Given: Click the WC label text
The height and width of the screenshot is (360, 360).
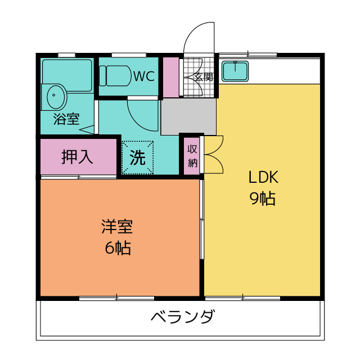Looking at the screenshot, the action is [x=144, y=76].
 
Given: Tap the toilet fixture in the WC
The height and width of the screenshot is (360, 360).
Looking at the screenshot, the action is [x=115, y=76].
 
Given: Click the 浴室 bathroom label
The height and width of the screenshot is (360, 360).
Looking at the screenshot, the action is [x=66, y=119].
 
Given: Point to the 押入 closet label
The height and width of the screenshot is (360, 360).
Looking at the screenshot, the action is [x=78, y=157].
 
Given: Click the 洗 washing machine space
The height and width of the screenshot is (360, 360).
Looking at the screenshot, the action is [x=137, y=157].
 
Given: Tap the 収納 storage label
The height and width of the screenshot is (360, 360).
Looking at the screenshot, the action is [x=192, y=156].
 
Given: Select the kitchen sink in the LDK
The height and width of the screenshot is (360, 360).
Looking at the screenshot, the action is [x=235, y=71].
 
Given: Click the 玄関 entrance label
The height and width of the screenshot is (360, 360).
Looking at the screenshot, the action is [x=204, y=77].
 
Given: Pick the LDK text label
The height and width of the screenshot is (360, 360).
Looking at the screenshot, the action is [x=263, y=177].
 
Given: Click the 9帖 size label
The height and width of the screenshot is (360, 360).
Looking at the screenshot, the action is [x=263, y=199].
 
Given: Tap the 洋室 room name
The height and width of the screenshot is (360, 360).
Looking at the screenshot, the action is [x=117, y=227].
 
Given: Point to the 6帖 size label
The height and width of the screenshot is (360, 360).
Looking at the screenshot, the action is [x=118, y=248].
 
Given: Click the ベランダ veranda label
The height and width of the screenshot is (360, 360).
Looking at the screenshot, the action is [x=183, y=316].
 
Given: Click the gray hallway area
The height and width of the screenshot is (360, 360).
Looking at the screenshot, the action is [x=188, y=116].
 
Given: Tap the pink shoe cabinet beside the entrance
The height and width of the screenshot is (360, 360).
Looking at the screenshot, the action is [x=171, y=78].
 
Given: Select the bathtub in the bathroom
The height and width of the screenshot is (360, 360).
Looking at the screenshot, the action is [x=67, y=76].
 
